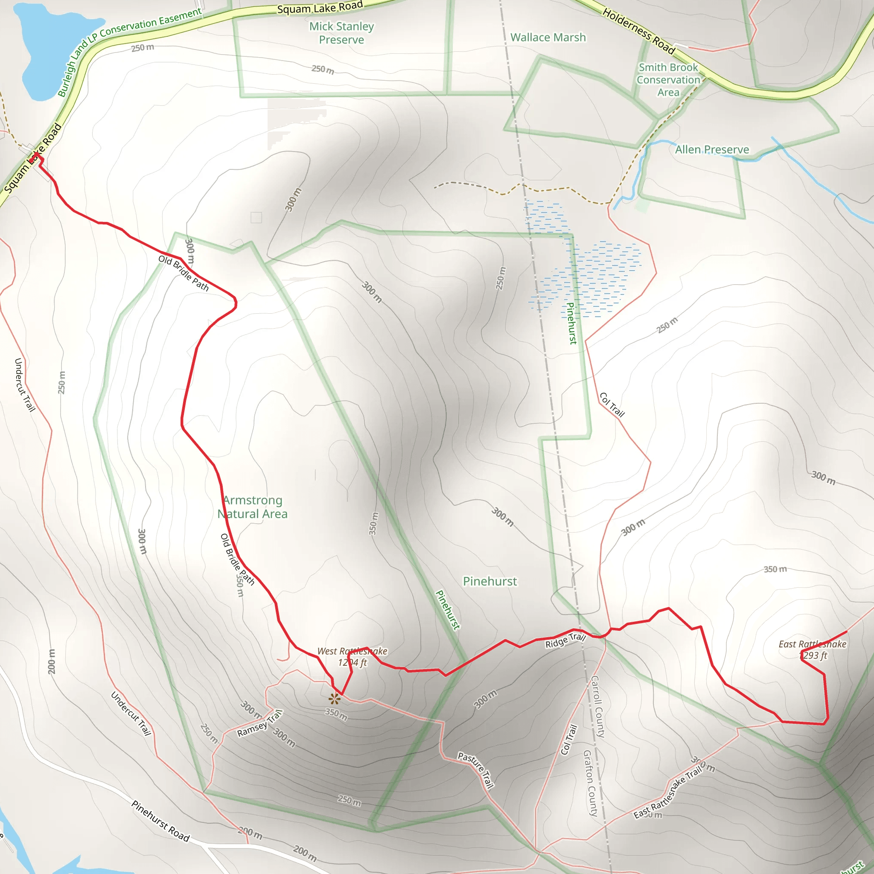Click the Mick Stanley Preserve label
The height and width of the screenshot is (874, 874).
[x=341, y=33]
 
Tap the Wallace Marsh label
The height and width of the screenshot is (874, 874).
[x=548, y=38]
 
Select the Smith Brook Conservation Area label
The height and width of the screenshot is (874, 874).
[x=668, y=80]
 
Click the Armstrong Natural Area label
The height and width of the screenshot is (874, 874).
[x=253, y=507]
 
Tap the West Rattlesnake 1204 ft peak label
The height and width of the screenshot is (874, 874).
[x=353, y=657]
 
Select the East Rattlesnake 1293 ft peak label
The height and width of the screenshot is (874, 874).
[x=812, y=650]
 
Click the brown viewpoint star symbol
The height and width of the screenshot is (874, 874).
[x=334, y=699]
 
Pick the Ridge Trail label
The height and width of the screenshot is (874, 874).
[x=565, y=641]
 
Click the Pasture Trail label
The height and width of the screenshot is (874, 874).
[x=475, y=770]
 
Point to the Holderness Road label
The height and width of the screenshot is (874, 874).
[x=638, y=31]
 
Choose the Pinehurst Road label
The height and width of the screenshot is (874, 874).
[x=160, y=821]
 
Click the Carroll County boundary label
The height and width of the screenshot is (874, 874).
[x=597, y=707]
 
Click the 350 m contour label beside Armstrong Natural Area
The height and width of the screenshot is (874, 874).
[x=373, y=523]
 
